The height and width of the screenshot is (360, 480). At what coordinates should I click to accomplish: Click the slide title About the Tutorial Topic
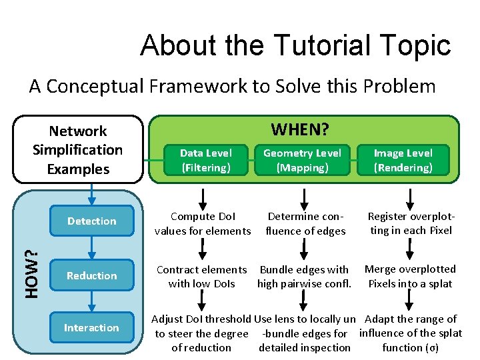coord(295,45)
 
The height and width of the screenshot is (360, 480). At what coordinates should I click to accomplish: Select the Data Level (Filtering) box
coord(206,161)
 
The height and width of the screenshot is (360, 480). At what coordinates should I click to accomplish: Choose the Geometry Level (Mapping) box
coord(303,161)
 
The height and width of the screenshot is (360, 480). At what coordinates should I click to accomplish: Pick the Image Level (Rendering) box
coord(403,161)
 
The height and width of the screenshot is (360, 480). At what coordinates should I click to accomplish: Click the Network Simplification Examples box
coord(78,149)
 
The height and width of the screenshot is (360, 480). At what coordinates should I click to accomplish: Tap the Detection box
coord(92,221)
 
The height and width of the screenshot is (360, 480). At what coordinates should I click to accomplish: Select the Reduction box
coord(92,275)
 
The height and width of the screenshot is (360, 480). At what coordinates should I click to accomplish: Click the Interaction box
coord(92,327)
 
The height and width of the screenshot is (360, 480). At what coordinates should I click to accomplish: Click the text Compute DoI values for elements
coord(203,223)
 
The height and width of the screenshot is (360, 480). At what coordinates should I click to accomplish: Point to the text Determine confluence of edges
coord(305,223)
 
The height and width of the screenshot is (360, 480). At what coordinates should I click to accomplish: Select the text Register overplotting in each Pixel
coord(411,223)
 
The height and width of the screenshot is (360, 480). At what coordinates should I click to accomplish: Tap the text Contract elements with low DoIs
coord(201,277)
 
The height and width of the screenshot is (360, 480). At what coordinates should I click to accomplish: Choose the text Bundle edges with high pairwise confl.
coord(304,277)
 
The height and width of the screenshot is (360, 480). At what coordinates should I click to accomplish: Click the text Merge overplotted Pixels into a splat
coord(410,276)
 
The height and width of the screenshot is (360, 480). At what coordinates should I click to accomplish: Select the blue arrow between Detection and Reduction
coord(92,247)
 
